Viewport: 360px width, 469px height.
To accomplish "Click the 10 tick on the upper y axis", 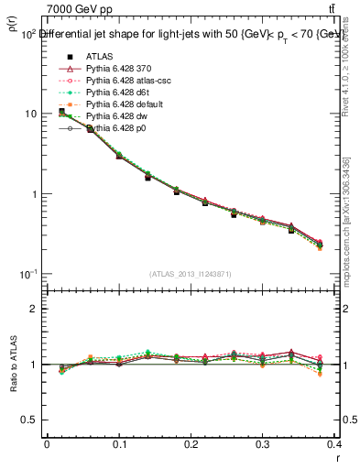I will (29, 114).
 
